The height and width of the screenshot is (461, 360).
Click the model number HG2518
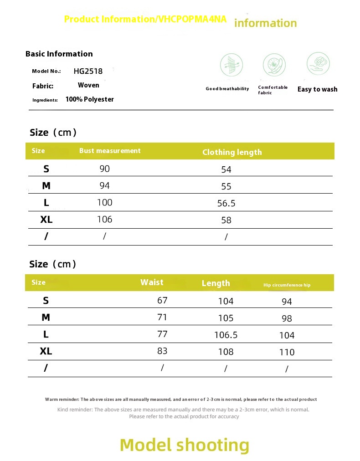coord(88,71)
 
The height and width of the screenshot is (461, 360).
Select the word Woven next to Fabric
coord(88,85)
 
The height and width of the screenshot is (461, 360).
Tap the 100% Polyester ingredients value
coord(90,99)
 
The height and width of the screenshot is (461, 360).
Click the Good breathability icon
coord(231,65)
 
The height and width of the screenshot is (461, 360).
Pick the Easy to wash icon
coord(318,63)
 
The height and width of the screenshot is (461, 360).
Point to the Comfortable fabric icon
coord(274,64)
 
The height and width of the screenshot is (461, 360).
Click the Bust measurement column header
coord(110,151)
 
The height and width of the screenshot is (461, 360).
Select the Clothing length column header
coord(232,152)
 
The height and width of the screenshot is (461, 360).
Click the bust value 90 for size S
coord(105,169)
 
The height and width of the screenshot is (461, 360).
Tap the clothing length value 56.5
coord(226,203)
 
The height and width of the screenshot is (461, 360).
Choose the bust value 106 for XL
coord(104,220)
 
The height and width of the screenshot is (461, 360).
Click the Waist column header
coord(152,282)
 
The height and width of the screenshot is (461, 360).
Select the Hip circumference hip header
coord(287,285)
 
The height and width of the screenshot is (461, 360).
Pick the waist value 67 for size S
coord(162,301)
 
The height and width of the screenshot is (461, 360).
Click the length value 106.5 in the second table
coord(226,335)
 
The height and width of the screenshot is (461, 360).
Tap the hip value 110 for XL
coord(287,352)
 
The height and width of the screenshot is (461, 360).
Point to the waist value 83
coord(162,351)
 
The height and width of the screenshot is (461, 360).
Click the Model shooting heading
coord(185,445)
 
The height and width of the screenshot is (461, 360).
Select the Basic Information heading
coord(59,54)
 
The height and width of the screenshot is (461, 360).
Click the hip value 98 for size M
coord(287,318)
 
